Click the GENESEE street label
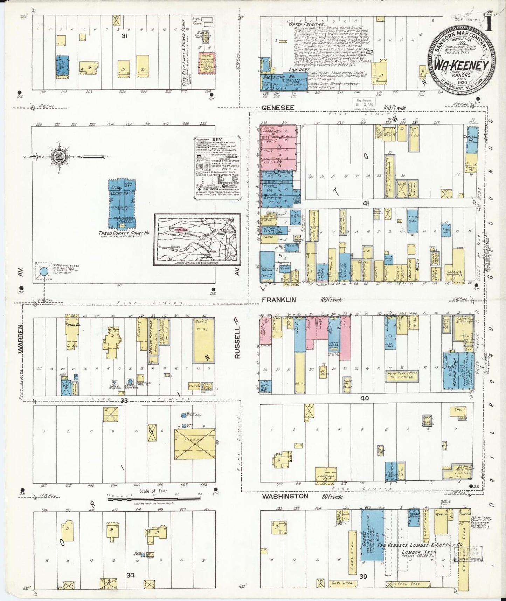278,108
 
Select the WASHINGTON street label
285,496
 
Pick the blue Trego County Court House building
122,204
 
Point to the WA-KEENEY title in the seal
461,66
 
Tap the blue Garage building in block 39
372,540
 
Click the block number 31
124,36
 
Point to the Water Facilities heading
306,25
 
